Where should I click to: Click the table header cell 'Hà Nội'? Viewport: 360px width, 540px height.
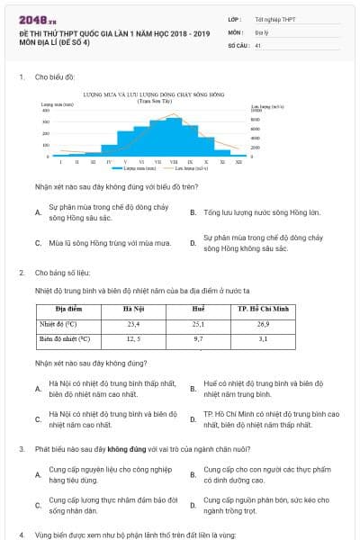(133, 309)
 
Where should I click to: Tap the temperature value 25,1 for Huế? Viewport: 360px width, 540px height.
(198, 323)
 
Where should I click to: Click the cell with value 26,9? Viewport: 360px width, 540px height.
(263, 323)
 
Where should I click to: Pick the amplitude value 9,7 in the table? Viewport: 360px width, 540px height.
(198, 339)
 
